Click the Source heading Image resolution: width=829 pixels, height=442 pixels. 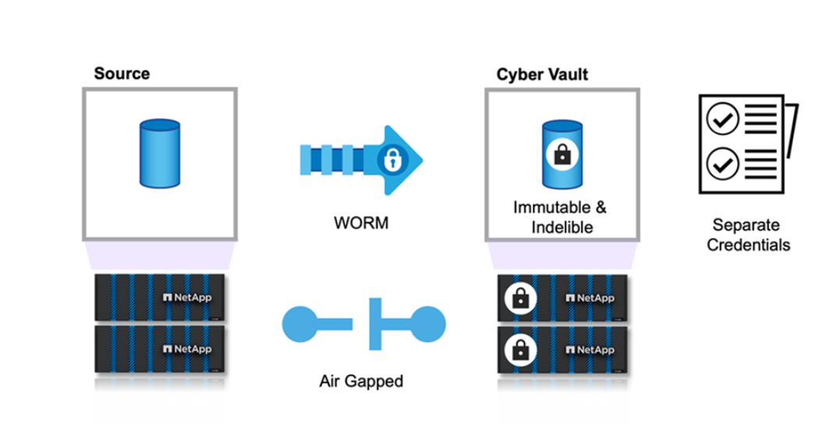[122, 74]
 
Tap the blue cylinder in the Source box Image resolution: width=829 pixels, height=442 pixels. [159, 154]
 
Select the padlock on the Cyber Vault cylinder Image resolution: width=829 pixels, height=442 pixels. [560, 155]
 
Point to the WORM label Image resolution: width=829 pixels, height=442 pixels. [361, 224]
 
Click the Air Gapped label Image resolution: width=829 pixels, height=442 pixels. [361, 382]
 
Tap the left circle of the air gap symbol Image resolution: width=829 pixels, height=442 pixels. [300, 321]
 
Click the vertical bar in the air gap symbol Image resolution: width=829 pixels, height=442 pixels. [375, 321]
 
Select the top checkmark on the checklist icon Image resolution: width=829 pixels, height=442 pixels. [721, 120]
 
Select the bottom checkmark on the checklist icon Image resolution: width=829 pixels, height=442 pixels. [721, 164]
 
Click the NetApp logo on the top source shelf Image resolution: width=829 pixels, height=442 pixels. [187, 297]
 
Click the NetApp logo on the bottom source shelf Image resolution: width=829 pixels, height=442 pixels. [187, 349]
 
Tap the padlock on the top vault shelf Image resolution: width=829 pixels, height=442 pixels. [519, 298]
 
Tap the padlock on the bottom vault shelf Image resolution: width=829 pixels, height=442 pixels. [519, 349]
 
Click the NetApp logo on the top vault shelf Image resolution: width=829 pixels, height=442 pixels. [591, 298]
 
